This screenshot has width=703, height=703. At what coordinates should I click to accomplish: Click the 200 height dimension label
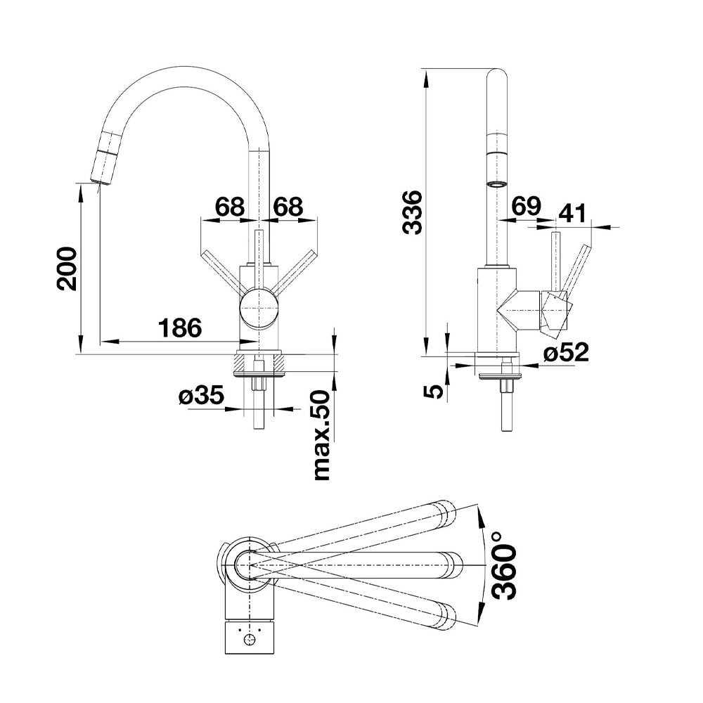(67, 269)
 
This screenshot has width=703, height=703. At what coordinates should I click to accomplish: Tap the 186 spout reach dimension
(180, 328)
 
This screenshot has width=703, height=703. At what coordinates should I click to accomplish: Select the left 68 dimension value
(231, 207)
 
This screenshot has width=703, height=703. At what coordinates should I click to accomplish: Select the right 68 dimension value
(288, 207)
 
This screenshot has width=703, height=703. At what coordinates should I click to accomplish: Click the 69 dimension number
(527, 206)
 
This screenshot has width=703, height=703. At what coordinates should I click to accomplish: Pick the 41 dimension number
(572, 214)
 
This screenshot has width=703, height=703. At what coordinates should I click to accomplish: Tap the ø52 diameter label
(566, 352)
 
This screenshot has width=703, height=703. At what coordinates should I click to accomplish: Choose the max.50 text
(322, 436)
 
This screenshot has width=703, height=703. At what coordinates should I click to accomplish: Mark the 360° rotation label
(503, 566)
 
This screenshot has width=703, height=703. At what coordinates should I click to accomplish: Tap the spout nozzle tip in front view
(100, 180)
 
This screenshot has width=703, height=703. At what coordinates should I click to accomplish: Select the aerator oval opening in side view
(497, 183)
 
